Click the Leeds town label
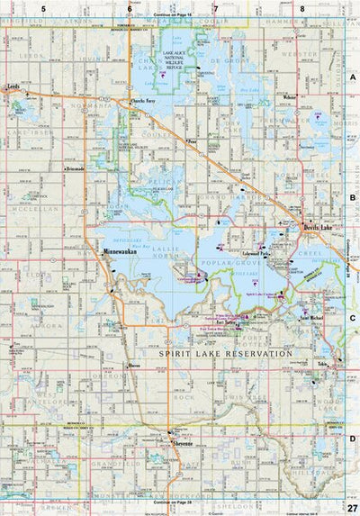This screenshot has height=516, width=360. [x=13, y=88]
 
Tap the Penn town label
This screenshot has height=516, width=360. [x=193, y=141]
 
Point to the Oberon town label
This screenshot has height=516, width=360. [x=134, y=366]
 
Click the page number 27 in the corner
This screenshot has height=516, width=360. [x=350, y=509]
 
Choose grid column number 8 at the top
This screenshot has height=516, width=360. [x=302, y=8]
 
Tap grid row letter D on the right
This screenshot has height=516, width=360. [x=353, y=439]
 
